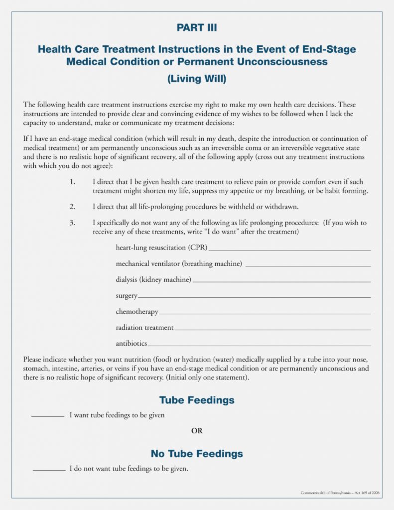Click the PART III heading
click(x=197, y=28)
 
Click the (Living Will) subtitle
click(x=197, y=79)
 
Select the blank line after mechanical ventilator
click(x=308, y=266)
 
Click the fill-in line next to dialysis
click(x=281, y=282)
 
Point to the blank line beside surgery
click(x=254, y=298)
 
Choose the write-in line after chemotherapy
click(x=264, y=314)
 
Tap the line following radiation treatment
click(x=272, y=330)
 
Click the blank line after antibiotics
click(x=259, y=345)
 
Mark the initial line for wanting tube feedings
click(x=48, y=416)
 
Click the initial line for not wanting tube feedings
click(x=49, y=470)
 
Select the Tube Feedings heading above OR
click(x=197, y=400)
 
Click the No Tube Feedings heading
click(x=197, y=454)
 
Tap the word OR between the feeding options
click(x=197, y=431)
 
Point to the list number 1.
click(x=72, y=182)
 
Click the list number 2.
click(x=72, y=207)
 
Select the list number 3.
click(x=72, y=223)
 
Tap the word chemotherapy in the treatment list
click(x=137, y=312)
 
